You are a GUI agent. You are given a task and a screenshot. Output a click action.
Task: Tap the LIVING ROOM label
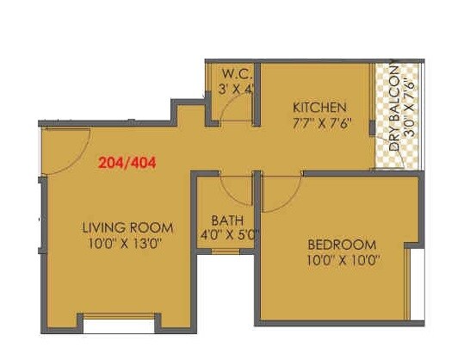coord(127,228)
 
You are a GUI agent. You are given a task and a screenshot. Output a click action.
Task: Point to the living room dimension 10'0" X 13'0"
coord(127,244)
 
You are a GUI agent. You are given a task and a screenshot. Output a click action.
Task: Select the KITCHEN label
coord(319,108)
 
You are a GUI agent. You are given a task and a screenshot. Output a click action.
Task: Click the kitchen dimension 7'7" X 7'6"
coord(319,122)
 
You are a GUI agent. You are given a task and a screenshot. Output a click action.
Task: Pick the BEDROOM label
coord(342,244)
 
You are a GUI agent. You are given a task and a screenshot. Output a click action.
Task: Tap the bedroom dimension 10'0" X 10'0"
coord(342,259)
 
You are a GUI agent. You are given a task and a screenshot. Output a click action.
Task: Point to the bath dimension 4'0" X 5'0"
coord(230,233)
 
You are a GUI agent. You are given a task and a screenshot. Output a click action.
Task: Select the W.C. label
coord(235,73)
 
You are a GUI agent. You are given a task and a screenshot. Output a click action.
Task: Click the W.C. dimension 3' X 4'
coord(235,88)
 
